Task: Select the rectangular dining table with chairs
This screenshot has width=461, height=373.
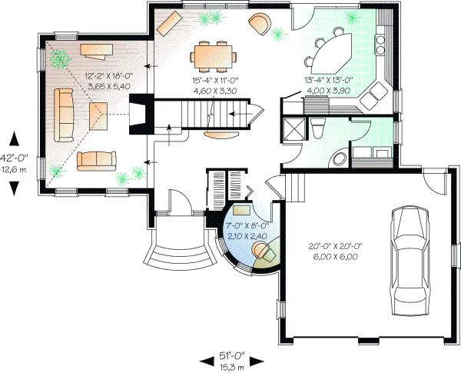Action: click(x=214, y=55)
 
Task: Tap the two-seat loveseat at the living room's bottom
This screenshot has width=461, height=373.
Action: click(x=95, y=160)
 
